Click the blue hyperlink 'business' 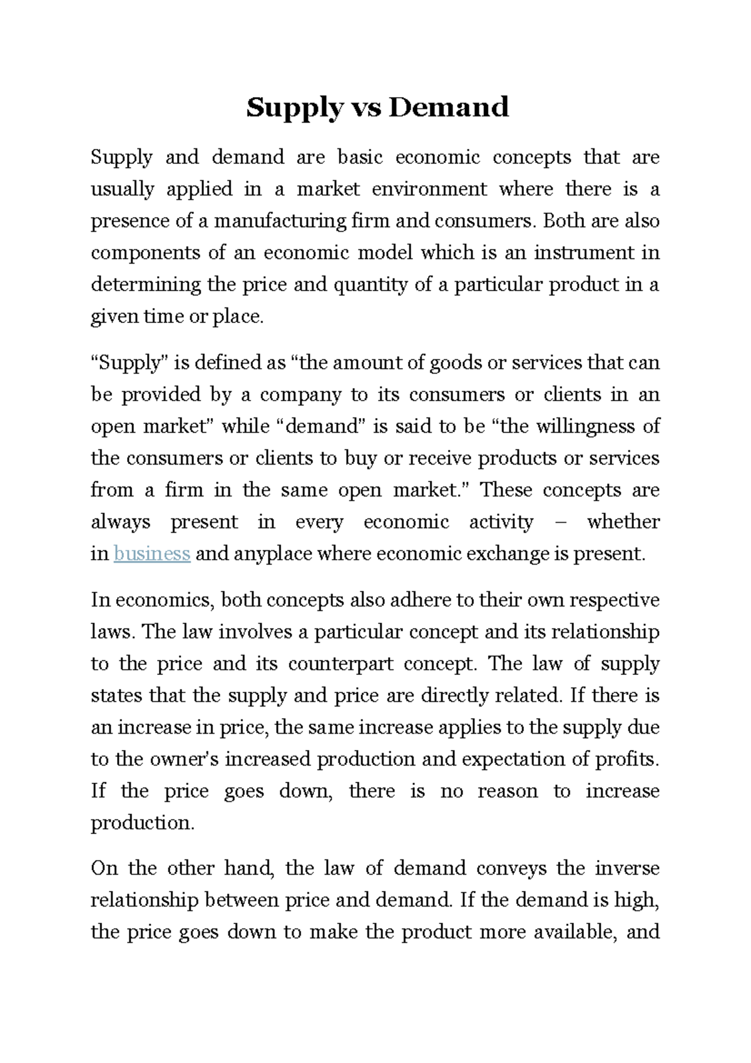click(151, 554)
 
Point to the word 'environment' click(429, 189)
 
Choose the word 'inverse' click(627, 868)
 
